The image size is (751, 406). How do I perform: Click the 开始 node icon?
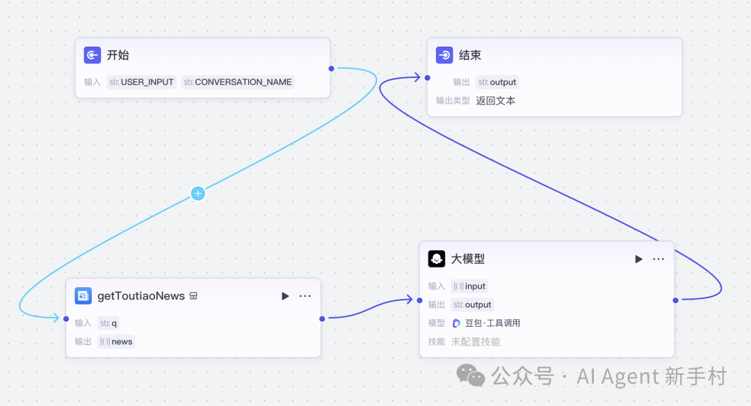coord(92,56)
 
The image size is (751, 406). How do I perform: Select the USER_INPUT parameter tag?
coord(142,82)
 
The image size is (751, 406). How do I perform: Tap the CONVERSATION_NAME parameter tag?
coord(238,82)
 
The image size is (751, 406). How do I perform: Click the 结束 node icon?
coord(444,56)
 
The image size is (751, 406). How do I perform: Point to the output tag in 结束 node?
coord(498,82)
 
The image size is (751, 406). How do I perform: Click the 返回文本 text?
coord(496,101)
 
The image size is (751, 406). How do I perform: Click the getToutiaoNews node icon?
coord(83,296)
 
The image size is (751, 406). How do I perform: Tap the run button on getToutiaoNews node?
coord(285,296)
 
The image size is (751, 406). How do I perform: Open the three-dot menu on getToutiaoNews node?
coord(305,296)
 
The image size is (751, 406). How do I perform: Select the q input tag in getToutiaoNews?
coord(108,323)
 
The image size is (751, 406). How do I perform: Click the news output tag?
coord(116,341)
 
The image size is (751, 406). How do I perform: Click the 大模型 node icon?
coord(437,259)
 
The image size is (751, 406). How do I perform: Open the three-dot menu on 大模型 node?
coord(659,259)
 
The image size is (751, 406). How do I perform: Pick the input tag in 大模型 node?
coord(469,286)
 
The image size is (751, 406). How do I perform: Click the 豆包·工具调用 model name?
coord(492,323)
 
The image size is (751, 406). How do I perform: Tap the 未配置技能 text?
coord(476,342)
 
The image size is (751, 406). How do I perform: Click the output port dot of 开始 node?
coord(331,68)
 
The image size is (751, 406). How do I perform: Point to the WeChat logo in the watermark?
coord(471,375)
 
